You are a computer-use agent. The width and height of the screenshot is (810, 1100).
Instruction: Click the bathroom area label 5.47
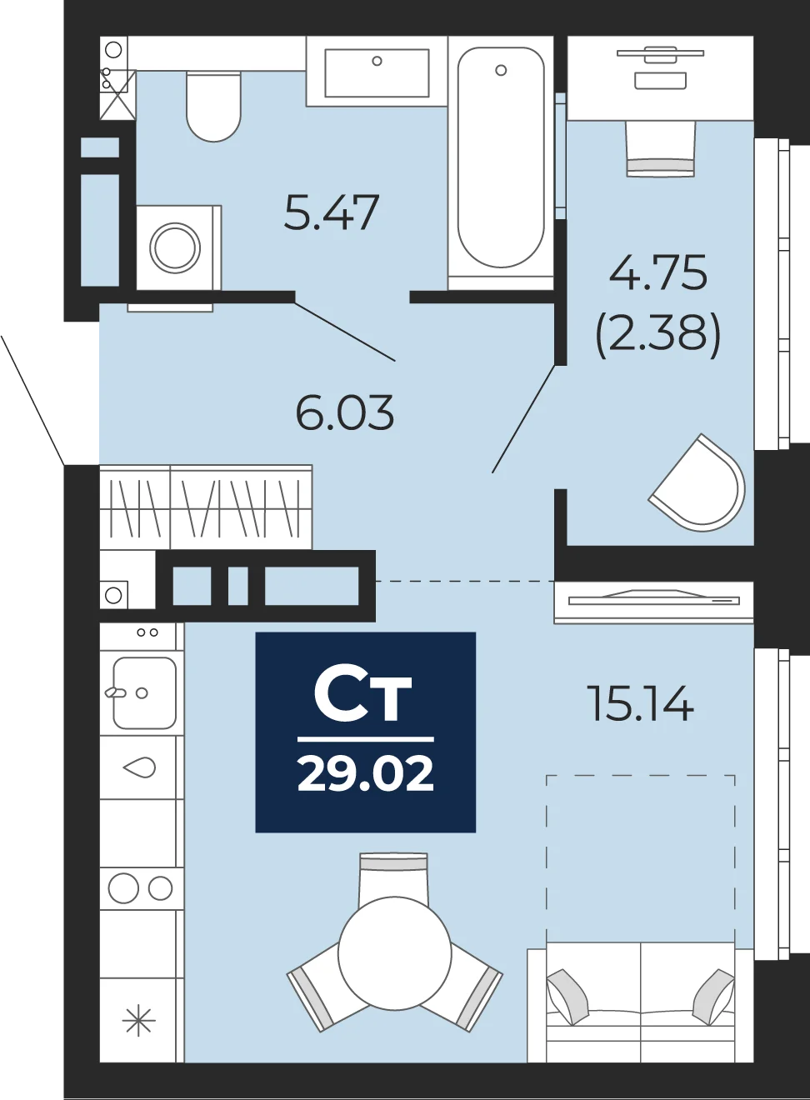tap(332, 212)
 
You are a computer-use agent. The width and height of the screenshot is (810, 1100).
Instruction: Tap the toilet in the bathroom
tap(213, 107)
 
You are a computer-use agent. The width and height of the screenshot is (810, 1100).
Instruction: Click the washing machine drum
tap(175, 248)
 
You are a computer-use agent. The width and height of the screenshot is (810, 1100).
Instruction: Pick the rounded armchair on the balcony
tap(699, 482)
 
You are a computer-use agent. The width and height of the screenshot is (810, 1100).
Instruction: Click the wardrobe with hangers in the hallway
tap(206, 507)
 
